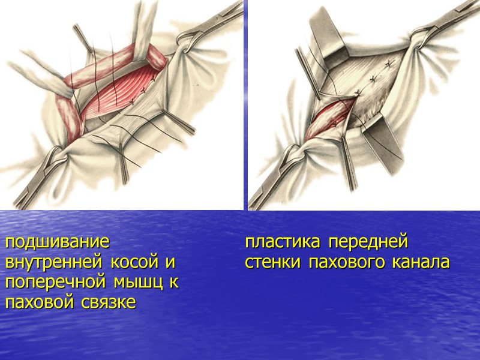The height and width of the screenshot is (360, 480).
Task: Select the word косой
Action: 144,263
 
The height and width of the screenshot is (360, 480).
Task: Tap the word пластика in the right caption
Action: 282,243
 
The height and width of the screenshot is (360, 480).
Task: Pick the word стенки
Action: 272,263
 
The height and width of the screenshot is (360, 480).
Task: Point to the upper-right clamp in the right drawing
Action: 444,24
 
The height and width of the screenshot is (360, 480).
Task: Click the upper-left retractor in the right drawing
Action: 327,42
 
